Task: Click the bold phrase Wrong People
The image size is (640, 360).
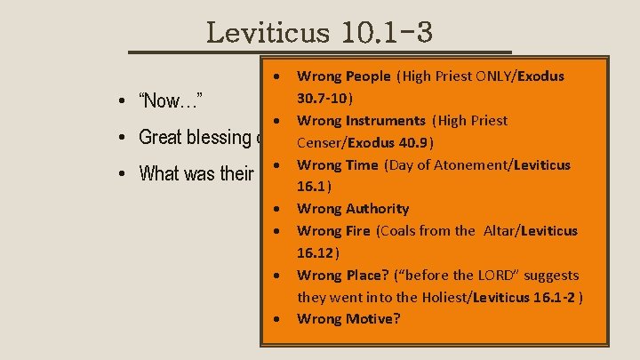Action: pos(343,76)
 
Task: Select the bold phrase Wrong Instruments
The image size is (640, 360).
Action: pos(361,121)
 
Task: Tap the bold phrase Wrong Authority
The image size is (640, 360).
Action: pos(353,209)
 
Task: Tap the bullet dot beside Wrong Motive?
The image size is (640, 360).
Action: pos(279,318)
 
